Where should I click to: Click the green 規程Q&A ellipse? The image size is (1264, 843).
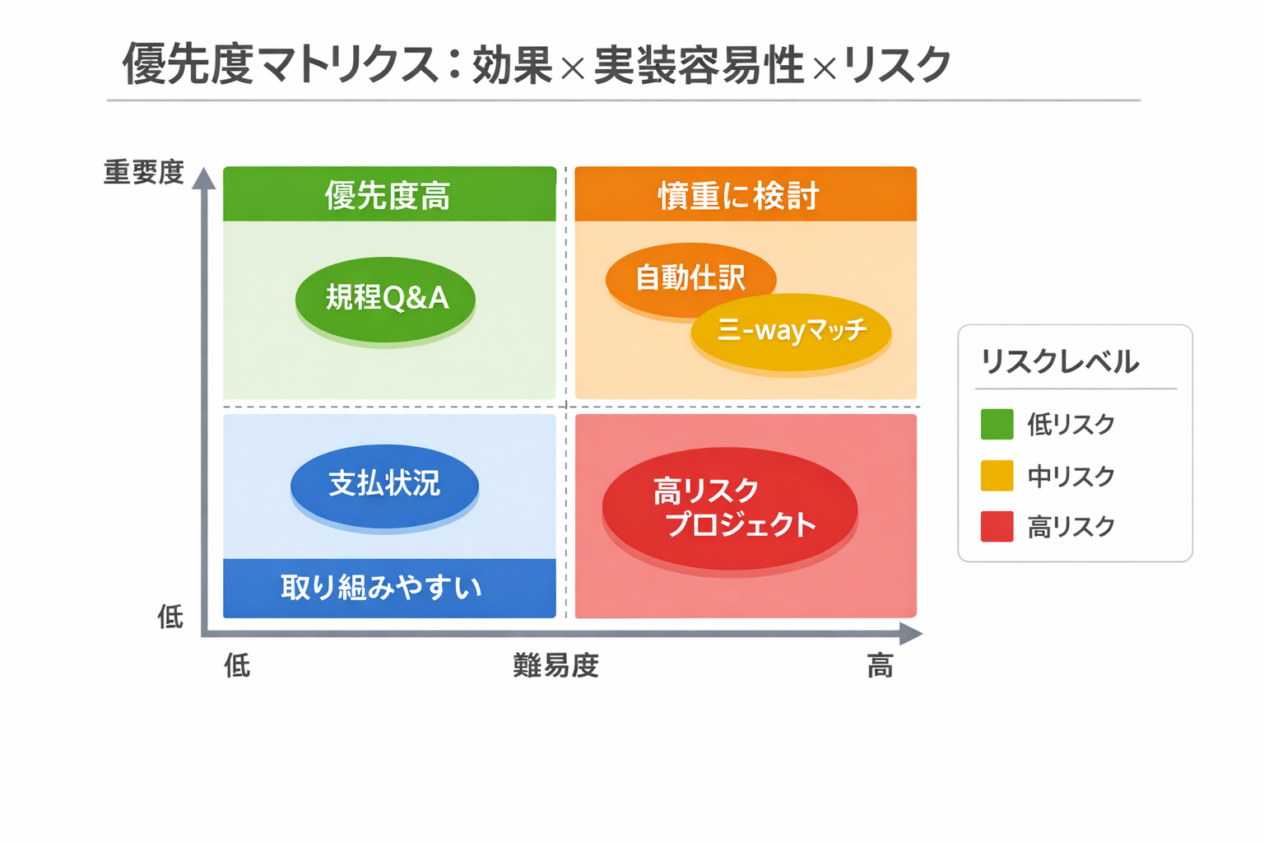(x=385, y=298)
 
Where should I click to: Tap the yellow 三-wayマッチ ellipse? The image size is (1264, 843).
(x=791, y=331)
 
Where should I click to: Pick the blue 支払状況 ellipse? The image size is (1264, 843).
(x=384, y=484)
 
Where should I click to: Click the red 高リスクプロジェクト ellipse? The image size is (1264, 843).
(x=730, y=508)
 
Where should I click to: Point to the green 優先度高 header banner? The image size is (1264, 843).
(x=389, y=195)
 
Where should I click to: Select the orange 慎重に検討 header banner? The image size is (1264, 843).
(x=745, y=195)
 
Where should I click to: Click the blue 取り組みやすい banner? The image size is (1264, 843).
(x=389, y=588)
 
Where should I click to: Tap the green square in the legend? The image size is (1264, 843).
(x=997, y=425)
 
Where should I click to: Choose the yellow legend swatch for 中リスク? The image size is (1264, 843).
(x=997, y=476)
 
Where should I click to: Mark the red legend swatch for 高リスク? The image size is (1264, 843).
(x=997, y=527)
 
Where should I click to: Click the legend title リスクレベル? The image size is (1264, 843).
(x=1060, y=361)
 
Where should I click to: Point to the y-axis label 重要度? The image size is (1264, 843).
(x=143, y=173)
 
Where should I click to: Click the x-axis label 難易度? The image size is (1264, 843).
(x=555, y=665)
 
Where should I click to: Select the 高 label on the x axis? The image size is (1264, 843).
(x=880, y=665)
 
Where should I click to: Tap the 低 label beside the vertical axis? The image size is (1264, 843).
(x=170, y=616)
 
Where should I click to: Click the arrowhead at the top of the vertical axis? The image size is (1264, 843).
(x=203, y=178)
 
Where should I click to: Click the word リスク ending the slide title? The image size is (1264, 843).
(x=898, y=65)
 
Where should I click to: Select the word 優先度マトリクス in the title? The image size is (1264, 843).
(x=280, y=65)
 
